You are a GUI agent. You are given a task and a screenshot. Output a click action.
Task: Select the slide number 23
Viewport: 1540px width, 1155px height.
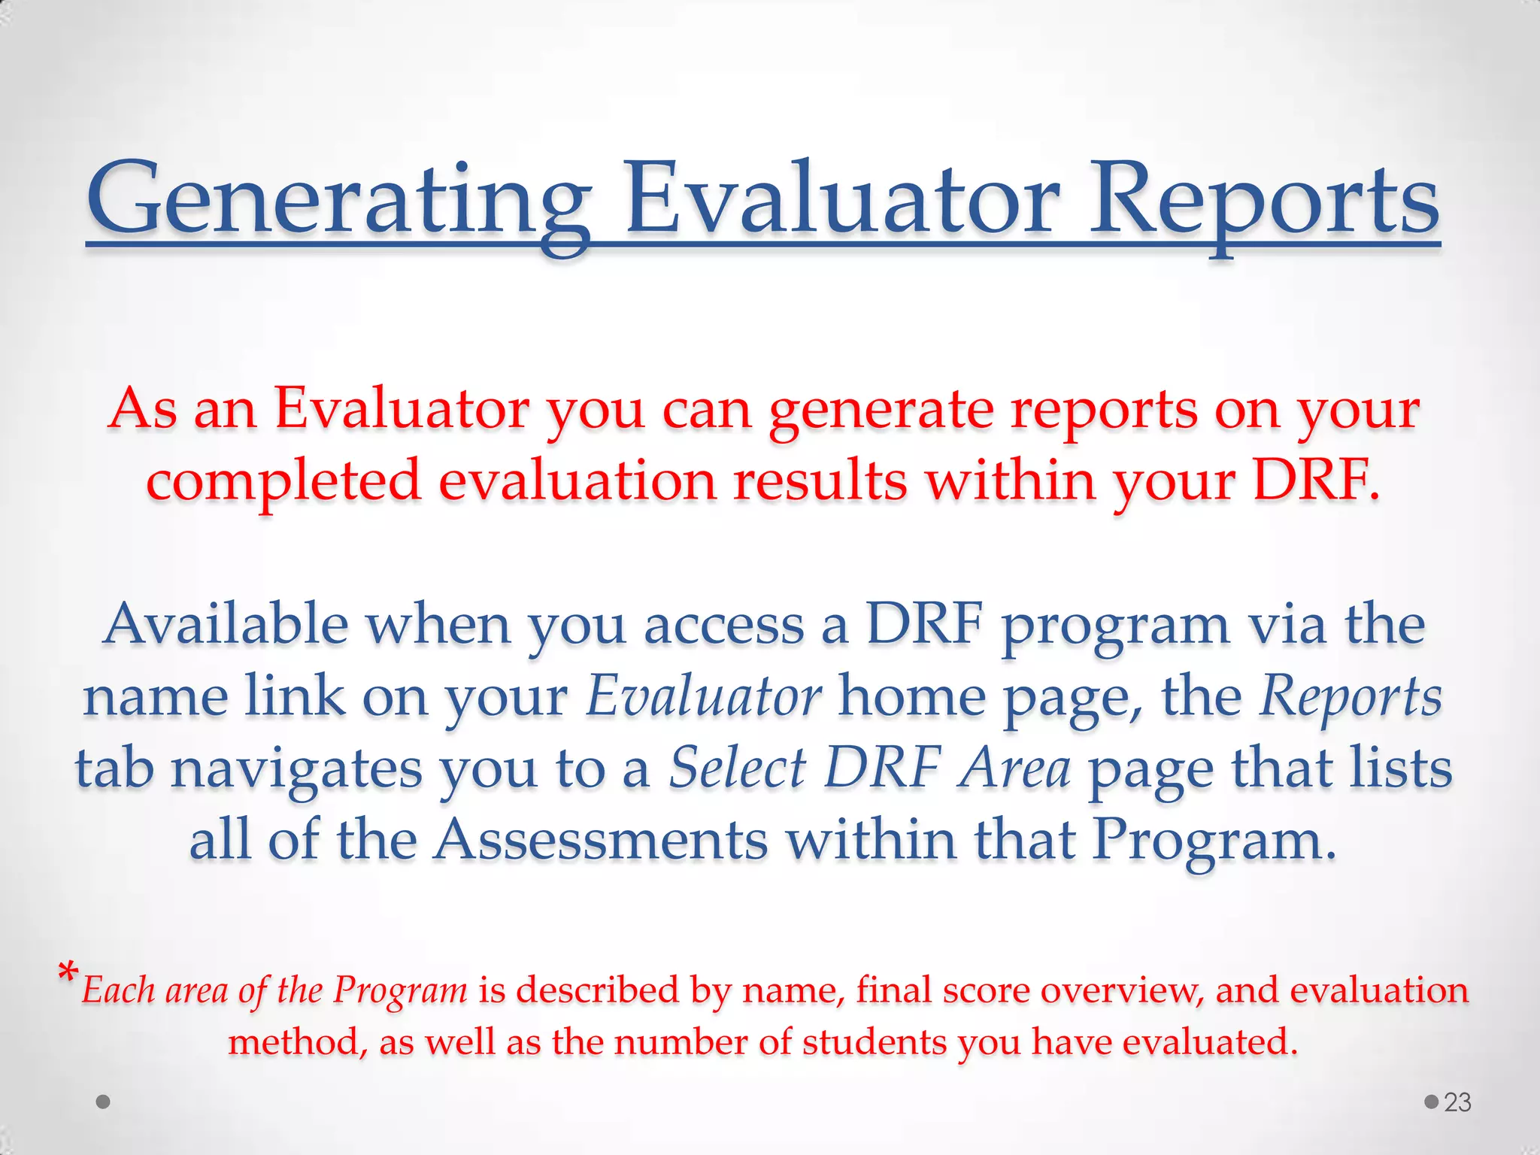[1457, 1102]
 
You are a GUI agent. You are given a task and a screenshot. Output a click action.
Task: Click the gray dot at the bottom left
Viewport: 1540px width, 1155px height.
[104, 1102]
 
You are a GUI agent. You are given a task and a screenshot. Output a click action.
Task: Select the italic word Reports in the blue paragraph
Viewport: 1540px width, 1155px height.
[1351, 696]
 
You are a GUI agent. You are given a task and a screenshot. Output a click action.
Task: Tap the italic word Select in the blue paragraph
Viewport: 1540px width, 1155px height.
[737, 768]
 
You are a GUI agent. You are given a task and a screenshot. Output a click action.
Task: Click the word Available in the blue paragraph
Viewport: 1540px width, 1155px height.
[226, 624]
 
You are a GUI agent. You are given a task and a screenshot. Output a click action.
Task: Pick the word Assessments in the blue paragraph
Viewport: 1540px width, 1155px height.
[602, 839]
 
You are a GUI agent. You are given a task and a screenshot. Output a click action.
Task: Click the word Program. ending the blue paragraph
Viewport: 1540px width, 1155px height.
[1214, 841]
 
